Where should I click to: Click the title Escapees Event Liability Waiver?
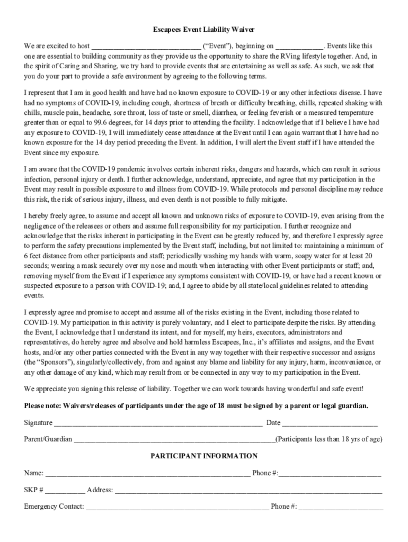[x=204, y=30]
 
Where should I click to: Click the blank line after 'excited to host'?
[x=146, y=47]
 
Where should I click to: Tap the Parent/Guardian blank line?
[x=174, y=440]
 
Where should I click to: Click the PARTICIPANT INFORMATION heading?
[x=204, y=456]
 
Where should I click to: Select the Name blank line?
[x=148, y=474]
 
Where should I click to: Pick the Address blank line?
[x=249, y=491]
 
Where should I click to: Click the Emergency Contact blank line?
[x=177, y=507]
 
